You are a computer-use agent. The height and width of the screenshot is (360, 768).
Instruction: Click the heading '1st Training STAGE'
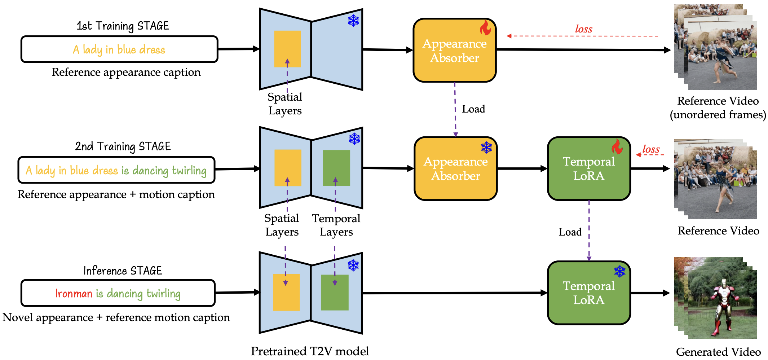(123, 26)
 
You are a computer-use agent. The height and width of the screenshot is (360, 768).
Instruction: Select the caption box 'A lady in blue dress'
(119, 49)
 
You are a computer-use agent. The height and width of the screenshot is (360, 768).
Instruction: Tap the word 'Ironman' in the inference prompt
(74, 294)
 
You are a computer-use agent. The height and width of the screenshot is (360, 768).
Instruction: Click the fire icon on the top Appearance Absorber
(485, 28)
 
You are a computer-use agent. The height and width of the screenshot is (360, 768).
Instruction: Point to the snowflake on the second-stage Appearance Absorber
(486, 147)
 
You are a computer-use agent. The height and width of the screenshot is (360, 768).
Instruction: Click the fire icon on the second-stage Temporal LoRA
(617, 146)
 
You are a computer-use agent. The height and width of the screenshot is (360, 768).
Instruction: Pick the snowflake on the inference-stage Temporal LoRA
(619, 271)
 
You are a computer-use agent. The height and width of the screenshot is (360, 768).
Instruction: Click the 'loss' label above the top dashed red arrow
(583, 29)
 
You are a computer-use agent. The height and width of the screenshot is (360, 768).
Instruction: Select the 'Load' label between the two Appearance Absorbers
(473, 109)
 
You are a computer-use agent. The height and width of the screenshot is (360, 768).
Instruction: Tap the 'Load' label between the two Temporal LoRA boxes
(570, 232)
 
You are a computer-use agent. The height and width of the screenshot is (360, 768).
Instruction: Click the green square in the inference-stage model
(335, 293)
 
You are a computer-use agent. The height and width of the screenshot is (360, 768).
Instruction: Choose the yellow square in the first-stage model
(287, 49)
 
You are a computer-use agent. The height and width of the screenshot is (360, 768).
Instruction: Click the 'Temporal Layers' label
(336, 225)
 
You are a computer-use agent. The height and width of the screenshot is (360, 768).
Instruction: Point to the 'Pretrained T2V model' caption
(310, 351)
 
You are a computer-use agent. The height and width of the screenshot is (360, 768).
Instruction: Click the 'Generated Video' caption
(718, 352)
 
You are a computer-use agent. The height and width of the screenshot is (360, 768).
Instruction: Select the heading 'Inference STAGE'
(123, 271)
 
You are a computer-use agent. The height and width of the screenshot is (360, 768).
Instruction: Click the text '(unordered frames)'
(718, 115)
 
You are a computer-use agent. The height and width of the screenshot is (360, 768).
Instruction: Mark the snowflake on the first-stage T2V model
(353, 21)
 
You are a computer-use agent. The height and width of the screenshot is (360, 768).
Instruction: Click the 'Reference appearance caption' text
(126, 72)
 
